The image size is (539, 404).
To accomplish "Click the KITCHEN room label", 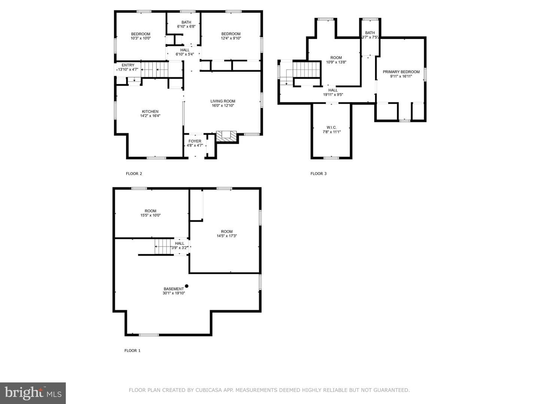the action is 150,111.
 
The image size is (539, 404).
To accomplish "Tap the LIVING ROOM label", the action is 223,101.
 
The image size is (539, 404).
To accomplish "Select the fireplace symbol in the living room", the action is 226,137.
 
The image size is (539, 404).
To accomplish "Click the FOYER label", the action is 195,141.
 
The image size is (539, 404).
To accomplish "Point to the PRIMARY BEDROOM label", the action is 401,72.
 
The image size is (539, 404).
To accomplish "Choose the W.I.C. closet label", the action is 332,128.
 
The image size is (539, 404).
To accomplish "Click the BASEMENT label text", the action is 174,289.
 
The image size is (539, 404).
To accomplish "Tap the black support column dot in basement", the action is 187,286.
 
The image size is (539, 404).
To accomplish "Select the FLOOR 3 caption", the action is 319,174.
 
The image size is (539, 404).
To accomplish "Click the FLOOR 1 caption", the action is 133,351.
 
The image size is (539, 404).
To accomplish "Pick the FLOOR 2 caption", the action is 134,174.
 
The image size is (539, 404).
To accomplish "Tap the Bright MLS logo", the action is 33,393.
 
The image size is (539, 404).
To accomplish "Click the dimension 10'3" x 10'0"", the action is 140,38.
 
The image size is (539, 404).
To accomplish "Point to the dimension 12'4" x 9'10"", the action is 231,38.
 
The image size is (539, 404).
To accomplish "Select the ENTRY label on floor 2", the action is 128,65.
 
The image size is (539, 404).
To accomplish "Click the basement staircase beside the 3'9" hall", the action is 163,247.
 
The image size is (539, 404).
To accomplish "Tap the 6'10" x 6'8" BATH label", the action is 186,24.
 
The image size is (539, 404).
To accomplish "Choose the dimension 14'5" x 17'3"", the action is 227,236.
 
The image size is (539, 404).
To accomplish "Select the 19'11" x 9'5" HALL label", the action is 333,92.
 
